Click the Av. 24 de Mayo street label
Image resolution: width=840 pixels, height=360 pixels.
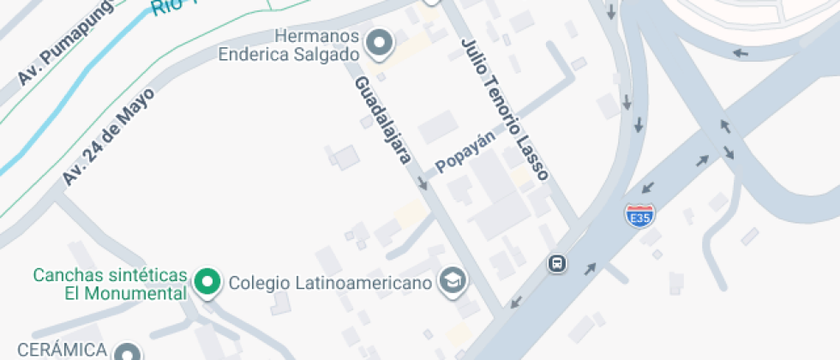click(107, 135)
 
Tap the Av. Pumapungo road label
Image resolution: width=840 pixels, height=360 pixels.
click(55, 57)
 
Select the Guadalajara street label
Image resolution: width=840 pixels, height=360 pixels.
click(385, 118)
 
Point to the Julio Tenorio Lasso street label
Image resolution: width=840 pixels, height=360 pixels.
click(503, 108)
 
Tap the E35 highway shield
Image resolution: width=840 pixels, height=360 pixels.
click(639, 214)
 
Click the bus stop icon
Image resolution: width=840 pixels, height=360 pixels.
click(557, 263)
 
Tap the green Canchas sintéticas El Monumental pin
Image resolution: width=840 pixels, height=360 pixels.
click(207, 281)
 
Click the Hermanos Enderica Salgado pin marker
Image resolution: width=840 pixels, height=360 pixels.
click(379, 41)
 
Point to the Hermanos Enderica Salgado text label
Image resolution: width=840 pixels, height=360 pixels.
click(288, 45)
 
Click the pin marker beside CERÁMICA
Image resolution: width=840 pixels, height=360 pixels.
click(128, 352)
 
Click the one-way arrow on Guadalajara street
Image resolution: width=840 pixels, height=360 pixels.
click(423, 182)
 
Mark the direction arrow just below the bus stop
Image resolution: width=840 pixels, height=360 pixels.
click(515, 302)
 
